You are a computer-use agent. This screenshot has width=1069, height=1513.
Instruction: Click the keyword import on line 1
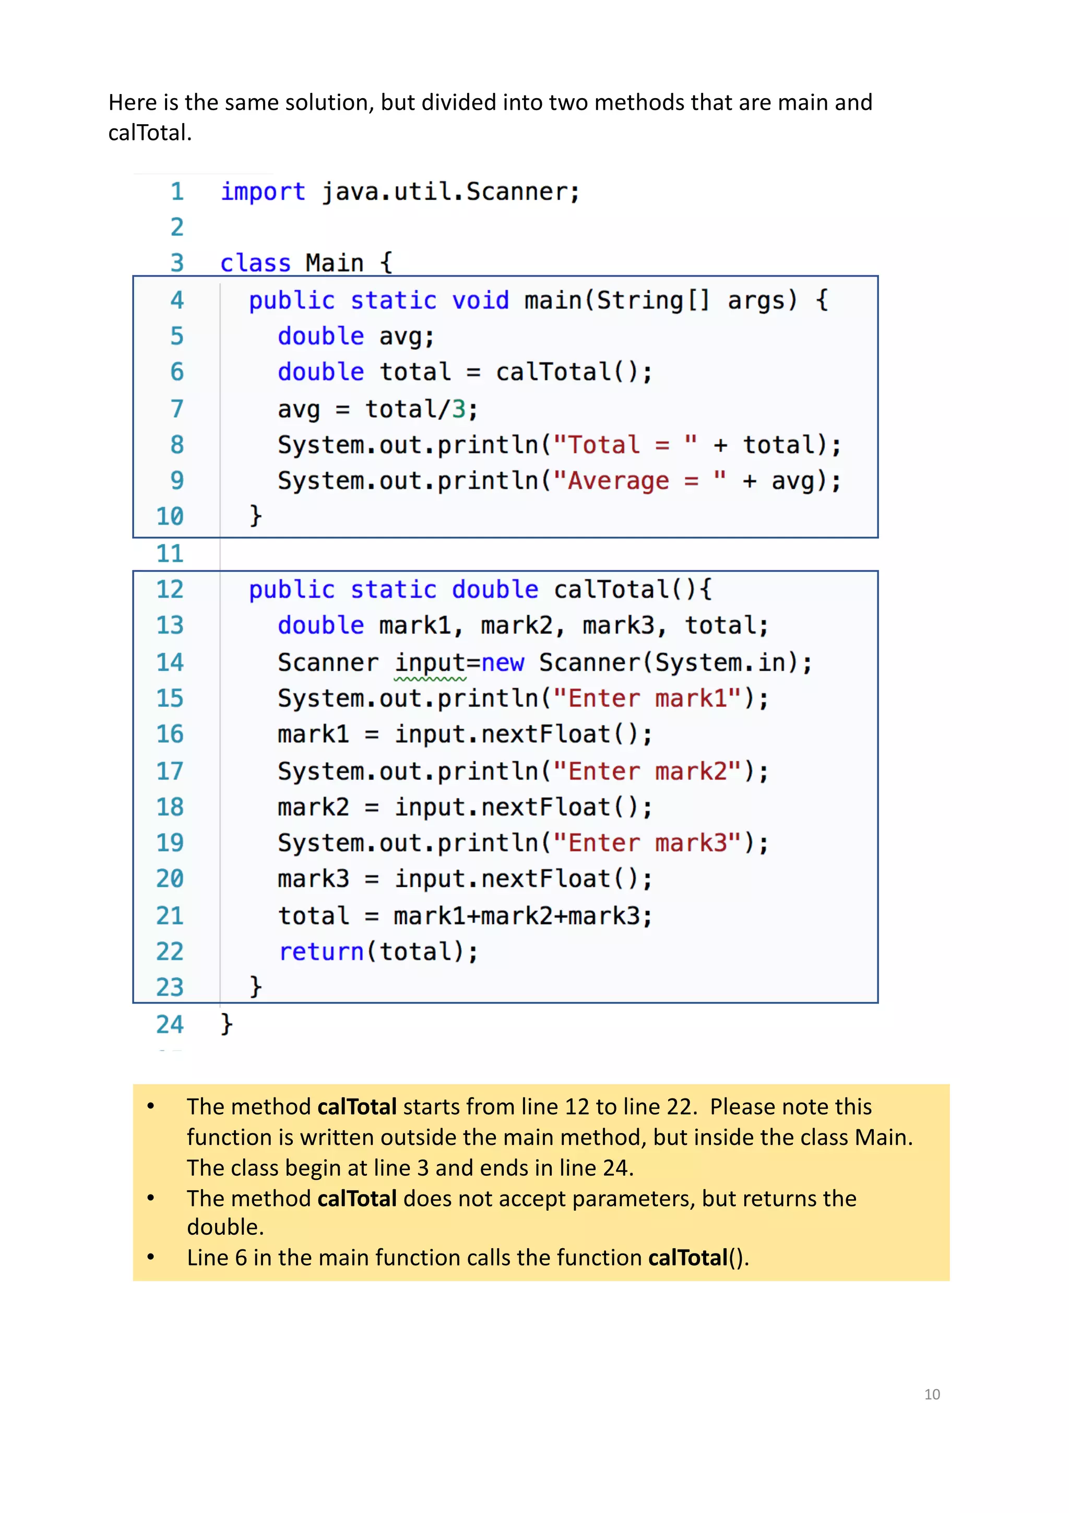[x=262, y=192]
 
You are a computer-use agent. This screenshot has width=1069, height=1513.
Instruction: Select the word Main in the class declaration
[x=334, y=263]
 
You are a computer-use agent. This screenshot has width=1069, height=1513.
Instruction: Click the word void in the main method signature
[x=480, y=301]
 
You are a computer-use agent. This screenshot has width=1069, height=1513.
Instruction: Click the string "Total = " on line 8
[x=624, y=445]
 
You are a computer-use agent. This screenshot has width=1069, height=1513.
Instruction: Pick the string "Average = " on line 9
[x=639, y=481]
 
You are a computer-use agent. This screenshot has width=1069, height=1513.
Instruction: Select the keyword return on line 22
[x=321, y=952]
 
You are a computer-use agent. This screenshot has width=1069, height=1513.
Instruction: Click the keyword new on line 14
[x=503, y=663]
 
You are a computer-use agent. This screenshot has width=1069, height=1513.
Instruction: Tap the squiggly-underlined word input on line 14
[x=430, y=663]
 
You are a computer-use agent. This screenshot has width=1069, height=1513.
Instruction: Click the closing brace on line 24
[x=227, y=1023]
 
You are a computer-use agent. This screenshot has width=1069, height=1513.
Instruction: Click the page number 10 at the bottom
[x=931, y=1394]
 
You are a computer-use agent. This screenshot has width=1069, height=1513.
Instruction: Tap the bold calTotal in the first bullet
[x=357, y=1107]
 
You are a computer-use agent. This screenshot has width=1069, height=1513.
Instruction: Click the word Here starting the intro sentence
[x=133, y=103]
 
